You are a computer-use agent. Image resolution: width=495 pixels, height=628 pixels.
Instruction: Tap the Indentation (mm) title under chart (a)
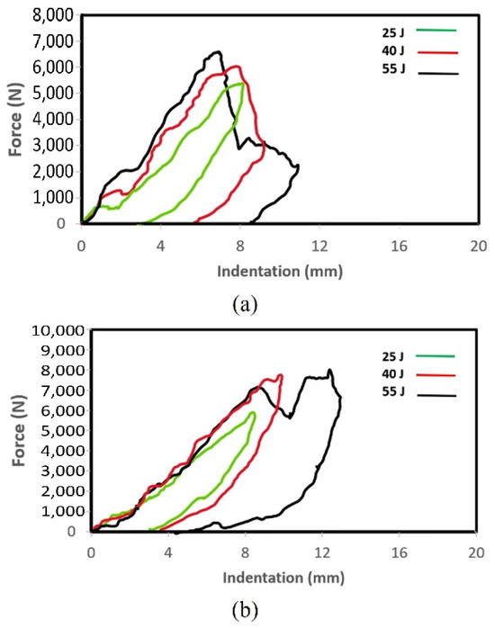pyautogui.click(x=278, y=269)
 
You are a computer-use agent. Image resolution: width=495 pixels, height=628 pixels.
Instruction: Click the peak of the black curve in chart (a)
pyautogui.click(x=216, y=52)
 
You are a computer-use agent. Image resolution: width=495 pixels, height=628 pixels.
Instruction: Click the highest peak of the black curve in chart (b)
pyautogui.click(x=330, y=370)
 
